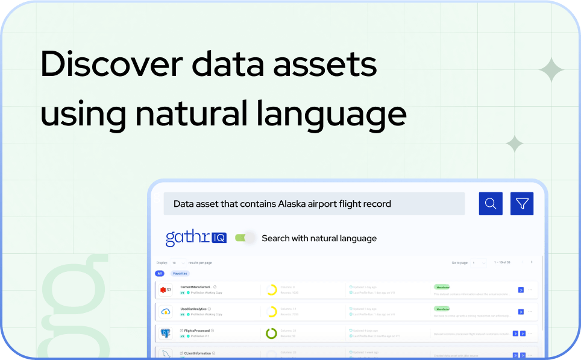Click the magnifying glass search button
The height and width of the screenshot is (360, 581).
(x=491, y=204)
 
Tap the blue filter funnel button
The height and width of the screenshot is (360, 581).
(x=522, y=204)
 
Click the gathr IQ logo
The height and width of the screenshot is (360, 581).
(x=196, y=238)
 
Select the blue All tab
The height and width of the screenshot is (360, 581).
(x=160, y=273)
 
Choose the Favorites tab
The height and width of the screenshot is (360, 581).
(x=180, y=273)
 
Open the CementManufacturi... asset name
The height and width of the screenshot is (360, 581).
(x=195, y=287)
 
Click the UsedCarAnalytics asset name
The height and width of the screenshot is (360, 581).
(x=193, y=309)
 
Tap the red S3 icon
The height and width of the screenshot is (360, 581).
(x=166, y=290)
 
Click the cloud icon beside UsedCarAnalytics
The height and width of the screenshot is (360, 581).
(x=166, y=312)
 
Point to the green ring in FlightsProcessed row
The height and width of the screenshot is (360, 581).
(x=271, y=333)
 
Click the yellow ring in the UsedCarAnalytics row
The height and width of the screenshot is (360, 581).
(x=271, y=312)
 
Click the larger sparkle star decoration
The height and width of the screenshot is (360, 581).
(x=551, y=71)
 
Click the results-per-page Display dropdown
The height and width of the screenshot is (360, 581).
(x=178, y=263)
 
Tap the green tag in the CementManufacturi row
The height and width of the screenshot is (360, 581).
(x=442, y=287)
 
